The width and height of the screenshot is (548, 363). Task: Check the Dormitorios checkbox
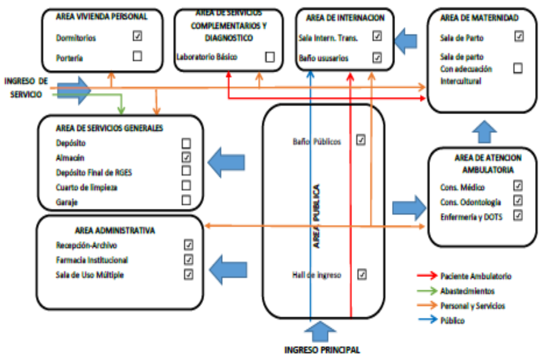click(137, 36)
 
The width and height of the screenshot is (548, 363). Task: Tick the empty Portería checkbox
click(137, 56)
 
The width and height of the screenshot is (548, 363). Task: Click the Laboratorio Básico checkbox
click(270, 57)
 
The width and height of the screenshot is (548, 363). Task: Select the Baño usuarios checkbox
click(377, 58)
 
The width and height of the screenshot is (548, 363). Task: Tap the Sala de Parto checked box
click(519, 36)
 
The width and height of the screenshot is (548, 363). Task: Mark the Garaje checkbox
click(186, 200)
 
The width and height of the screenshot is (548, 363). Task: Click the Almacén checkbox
click(186, 157)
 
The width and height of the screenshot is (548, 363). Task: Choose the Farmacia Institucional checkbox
click(188, 260)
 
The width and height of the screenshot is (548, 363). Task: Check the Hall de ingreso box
click(362, 274)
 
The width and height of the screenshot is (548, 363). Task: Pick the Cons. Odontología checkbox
click(518, 200)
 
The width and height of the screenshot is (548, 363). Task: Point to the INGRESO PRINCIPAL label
click(322, 350)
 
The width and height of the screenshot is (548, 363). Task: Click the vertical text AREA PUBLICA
click(317, 216)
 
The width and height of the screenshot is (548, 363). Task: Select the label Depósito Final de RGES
click(94, 172)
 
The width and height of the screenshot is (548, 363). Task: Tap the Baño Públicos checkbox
click(361, 140)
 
